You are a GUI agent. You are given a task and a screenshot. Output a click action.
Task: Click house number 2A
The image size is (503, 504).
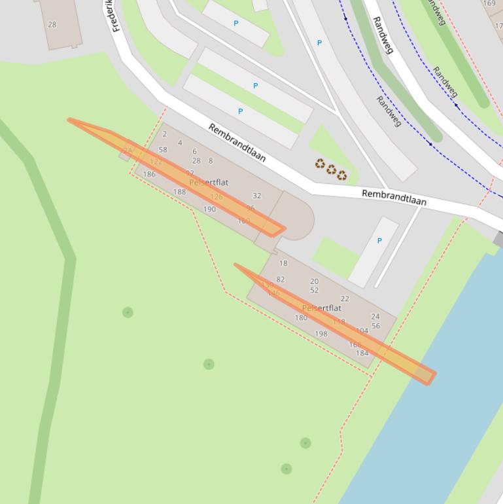[x=128, y=151]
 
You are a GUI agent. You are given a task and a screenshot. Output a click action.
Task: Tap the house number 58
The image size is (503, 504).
[x=163, y=150]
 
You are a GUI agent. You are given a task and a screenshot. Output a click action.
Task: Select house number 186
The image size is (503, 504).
[x=149, y=174]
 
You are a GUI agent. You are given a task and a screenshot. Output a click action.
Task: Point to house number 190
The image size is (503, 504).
[x=209, y=209]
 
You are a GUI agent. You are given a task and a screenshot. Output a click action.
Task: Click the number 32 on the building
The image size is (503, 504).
[x=257, y=196]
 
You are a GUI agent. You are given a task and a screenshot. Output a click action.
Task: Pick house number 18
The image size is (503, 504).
[x=283, y=263]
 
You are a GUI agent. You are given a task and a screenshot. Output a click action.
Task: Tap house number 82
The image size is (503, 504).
[x=281, y=279]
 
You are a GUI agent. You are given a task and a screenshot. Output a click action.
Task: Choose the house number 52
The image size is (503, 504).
[x=314, y=291]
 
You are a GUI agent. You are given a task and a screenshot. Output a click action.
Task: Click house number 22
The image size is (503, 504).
[x=345, y=298]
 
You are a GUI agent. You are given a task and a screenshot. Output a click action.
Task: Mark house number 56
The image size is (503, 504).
[x=375, y=326]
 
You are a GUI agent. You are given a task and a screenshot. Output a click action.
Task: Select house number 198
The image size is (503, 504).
[x=321, y=334]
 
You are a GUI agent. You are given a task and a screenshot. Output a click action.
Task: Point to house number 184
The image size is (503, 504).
[x=362, y=353]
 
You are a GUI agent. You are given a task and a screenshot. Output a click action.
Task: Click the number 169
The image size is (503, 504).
[x=489, y=3]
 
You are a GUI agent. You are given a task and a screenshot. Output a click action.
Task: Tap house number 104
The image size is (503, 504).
[x=362, y=331]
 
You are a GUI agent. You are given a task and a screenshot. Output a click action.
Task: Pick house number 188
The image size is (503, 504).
[x=179, y=192]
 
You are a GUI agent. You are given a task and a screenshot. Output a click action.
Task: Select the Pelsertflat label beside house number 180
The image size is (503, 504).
[x=322, y=308]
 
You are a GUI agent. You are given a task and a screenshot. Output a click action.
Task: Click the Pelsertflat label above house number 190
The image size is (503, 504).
[x=209, y=183]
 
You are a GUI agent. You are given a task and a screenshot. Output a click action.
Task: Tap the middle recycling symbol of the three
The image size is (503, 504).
[x=331, y=170]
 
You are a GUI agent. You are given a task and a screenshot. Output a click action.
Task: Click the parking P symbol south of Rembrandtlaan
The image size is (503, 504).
[x=379, y=241]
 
